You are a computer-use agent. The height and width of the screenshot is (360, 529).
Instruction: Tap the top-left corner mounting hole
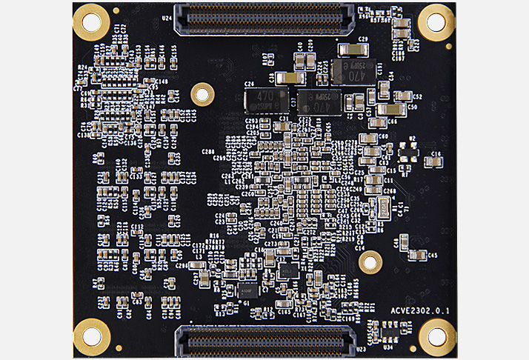coord(91,21)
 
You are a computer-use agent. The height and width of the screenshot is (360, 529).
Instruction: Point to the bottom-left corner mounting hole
coord(91,336)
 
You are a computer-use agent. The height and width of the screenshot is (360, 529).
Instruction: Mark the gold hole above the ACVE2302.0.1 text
coord(370,261)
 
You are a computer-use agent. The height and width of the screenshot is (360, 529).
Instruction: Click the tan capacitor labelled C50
coord(390,109)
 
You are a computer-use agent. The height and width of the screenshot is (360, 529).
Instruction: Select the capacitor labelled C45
coord(419,256)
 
